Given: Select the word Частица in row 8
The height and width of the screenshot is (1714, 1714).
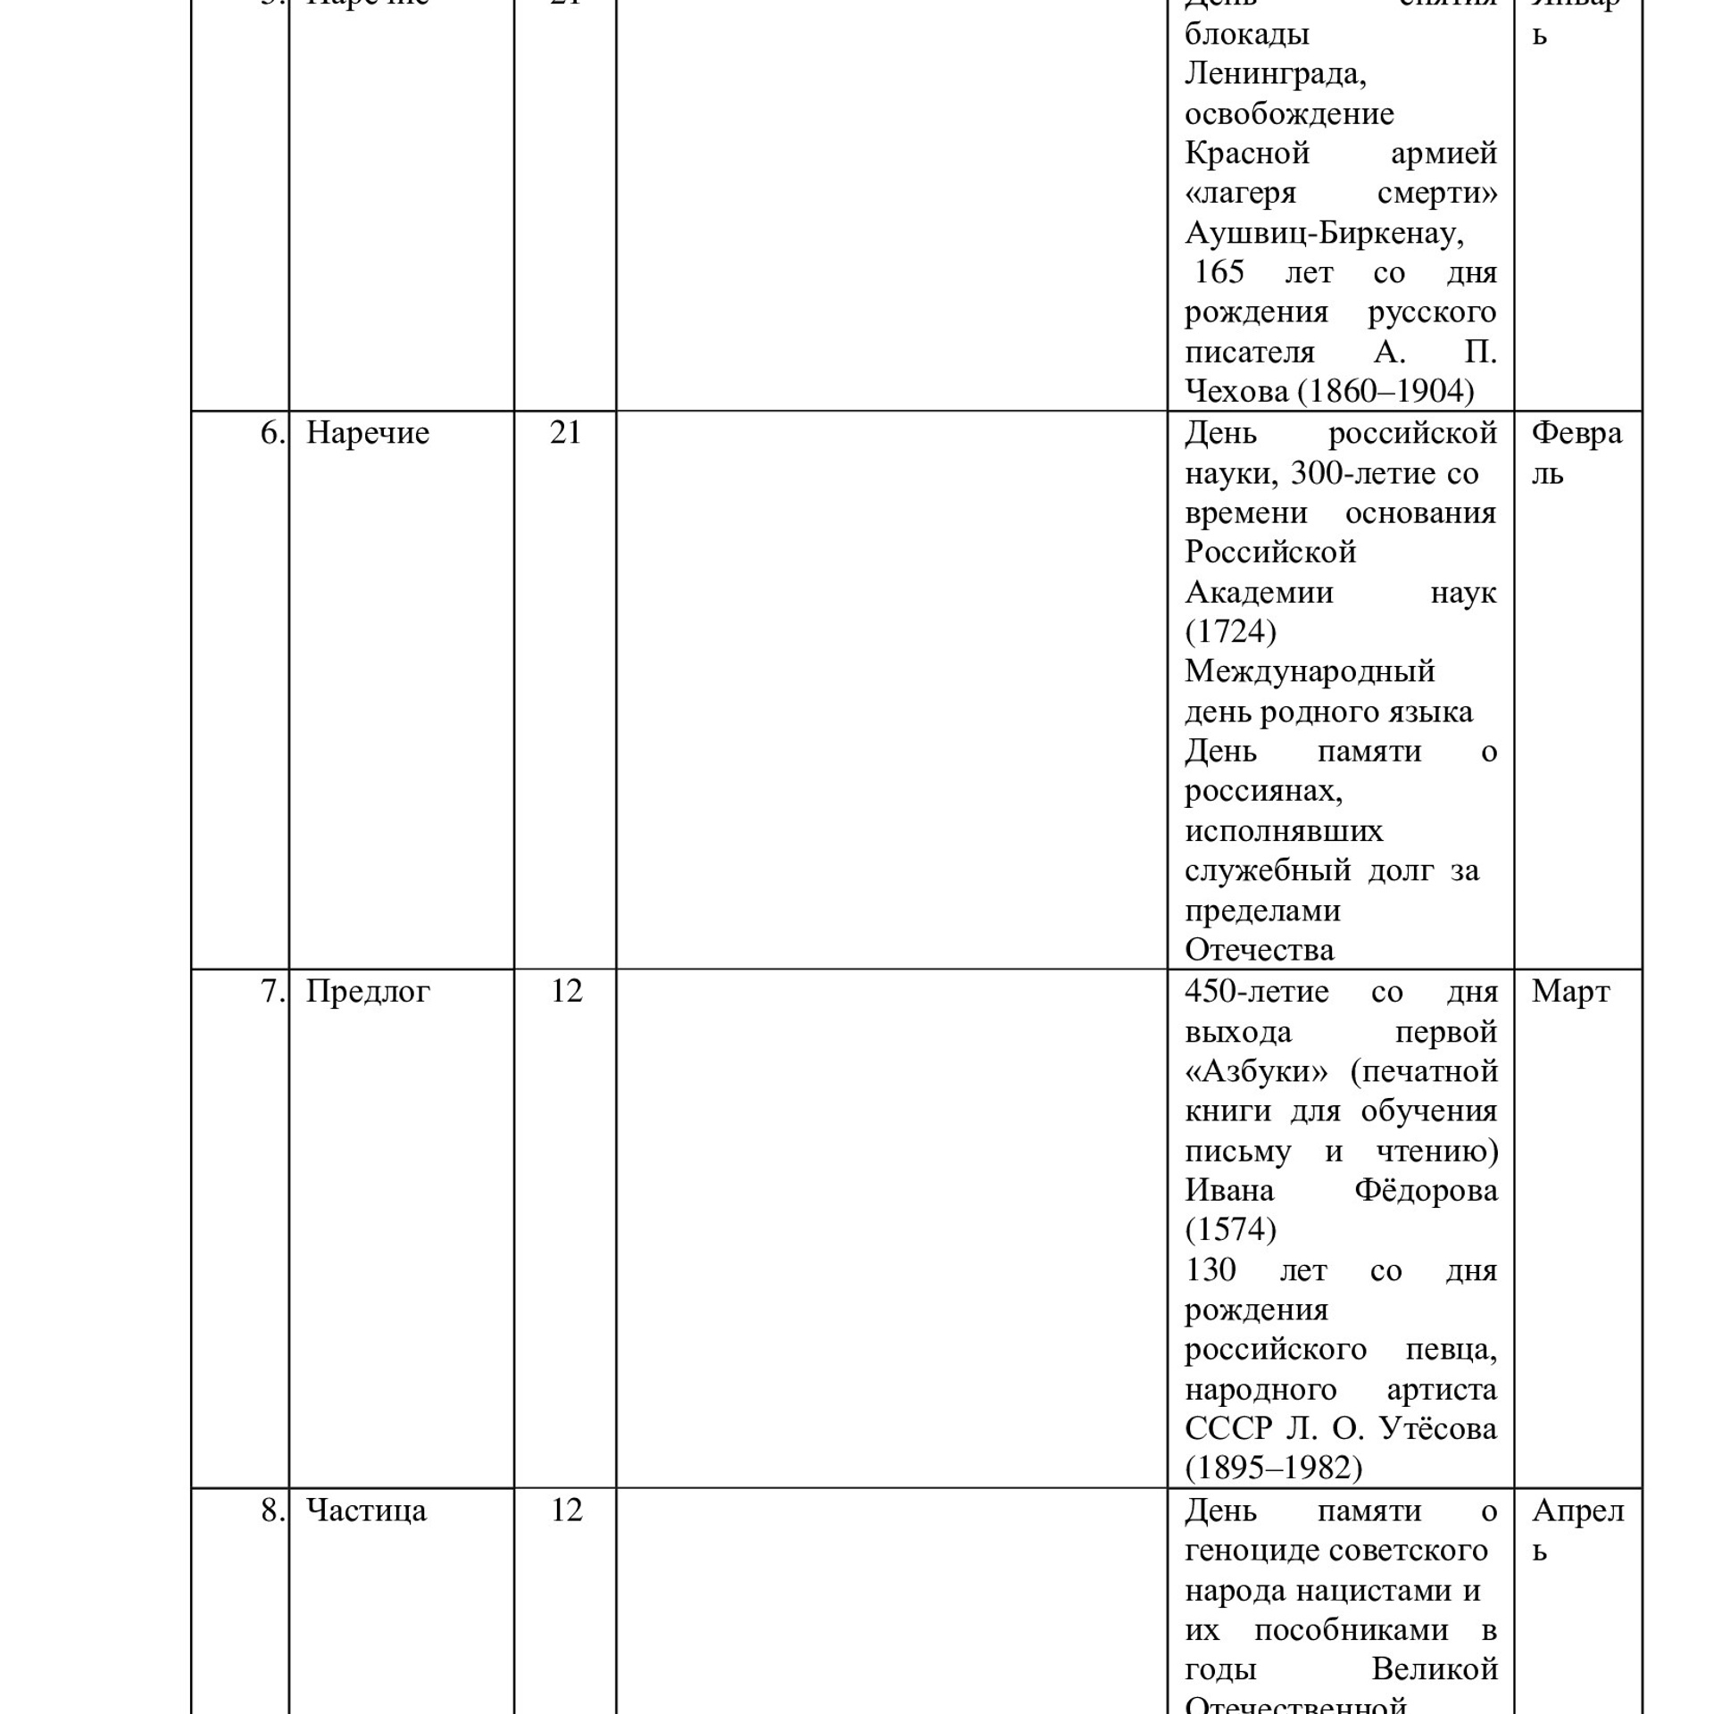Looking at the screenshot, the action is tap(366, 1510).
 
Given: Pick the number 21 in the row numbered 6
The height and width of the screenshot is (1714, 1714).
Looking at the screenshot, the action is tap(565, 434).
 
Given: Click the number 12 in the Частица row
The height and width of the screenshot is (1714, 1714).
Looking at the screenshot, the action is tap(566, 1510).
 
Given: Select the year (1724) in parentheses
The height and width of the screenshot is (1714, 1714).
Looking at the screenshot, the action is tap(1230, 632).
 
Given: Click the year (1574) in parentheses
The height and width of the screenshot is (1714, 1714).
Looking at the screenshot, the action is tap(1230, 1230).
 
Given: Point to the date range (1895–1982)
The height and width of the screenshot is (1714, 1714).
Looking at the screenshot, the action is tap(1273, 1469).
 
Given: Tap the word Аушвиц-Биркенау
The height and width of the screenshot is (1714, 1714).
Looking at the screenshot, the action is tap(1324, 234).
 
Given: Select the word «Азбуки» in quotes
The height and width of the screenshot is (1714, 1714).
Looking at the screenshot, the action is tap(1256, 1071).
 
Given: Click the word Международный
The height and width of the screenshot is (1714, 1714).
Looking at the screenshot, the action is tap(1310, 671).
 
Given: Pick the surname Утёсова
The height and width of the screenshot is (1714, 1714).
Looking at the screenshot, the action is tap(1438, 1429).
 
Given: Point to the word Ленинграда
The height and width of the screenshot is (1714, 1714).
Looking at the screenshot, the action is tap(1275, 74).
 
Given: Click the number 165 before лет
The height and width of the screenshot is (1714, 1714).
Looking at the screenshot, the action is tap(1219, 272).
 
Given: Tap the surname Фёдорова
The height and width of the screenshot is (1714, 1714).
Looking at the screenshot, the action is tap(1426, 1191).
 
